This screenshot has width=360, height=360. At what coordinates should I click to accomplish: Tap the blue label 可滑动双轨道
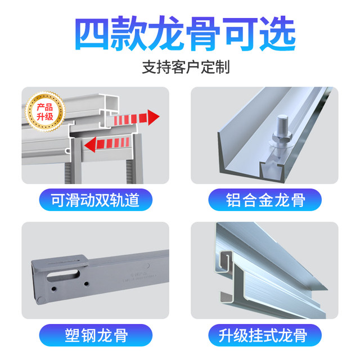tap(94, 200)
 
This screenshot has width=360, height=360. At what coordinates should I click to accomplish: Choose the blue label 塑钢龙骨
tap(94, 336)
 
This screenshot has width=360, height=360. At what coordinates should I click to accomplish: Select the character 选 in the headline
tap(276, 34)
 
